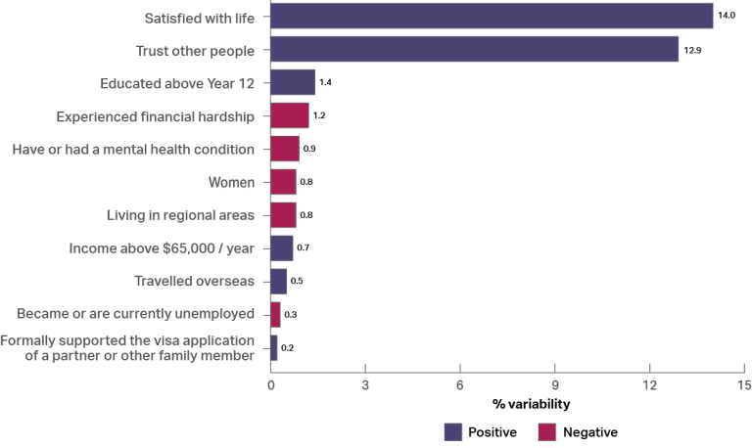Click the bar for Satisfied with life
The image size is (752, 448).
[492, 17]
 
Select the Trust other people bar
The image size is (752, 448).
[475, 50]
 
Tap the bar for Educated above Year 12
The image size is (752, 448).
[293, 83]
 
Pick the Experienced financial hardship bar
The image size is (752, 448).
[290, 116]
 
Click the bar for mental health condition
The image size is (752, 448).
[285, 149]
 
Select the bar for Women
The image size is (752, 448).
[283, 182]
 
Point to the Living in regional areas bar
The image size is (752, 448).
[283, 215]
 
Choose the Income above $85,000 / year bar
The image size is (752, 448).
[282, 248]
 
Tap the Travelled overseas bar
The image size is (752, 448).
[279, 282]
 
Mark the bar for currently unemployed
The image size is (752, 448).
[275, 314]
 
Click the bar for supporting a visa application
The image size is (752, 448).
[274, 347]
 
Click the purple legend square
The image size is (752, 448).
[453, 431]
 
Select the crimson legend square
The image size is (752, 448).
[547, 431]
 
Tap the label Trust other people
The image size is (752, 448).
[194, 50]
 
